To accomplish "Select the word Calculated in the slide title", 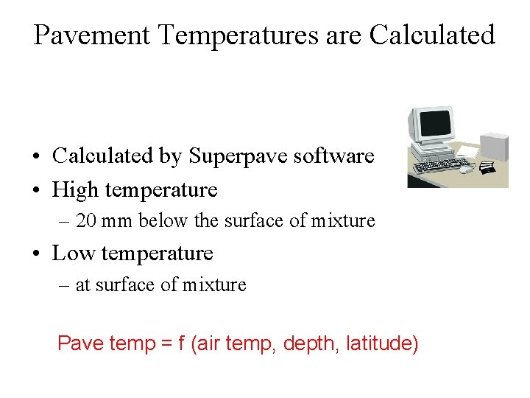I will (x=432, y=35).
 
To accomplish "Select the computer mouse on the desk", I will (x=467, y=169).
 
